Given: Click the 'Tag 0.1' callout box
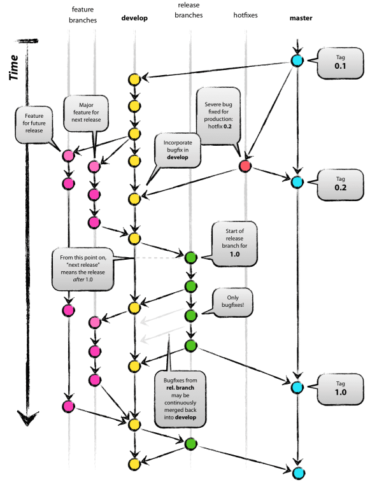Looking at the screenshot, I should pyautogui.click(x=337, y=62).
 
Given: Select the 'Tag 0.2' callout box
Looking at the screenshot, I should pyautogui.click(x=337, y=184).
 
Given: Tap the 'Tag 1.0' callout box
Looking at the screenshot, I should pyautogui.click(x=337, y=388).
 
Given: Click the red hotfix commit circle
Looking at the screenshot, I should pyautogui.click(x=245, y=166).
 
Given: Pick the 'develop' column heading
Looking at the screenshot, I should pyautogui.click(x=134, y=18).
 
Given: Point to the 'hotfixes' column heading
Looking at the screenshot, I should pyautogui.click(x=245, y=14).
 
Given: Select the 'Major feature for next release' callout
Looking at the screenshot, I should pyautogui.click(x=85, y=112).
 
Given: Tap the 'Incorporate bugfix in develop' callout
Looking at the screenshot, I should pyautogui.click(x=179, y=150).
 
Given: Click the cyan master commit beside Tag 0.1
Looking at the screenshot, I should pyautogui.click(x=296, y=61).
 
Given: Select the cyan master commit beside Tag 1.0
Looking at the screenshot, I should pyautogui.click(x=296, y=387).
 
